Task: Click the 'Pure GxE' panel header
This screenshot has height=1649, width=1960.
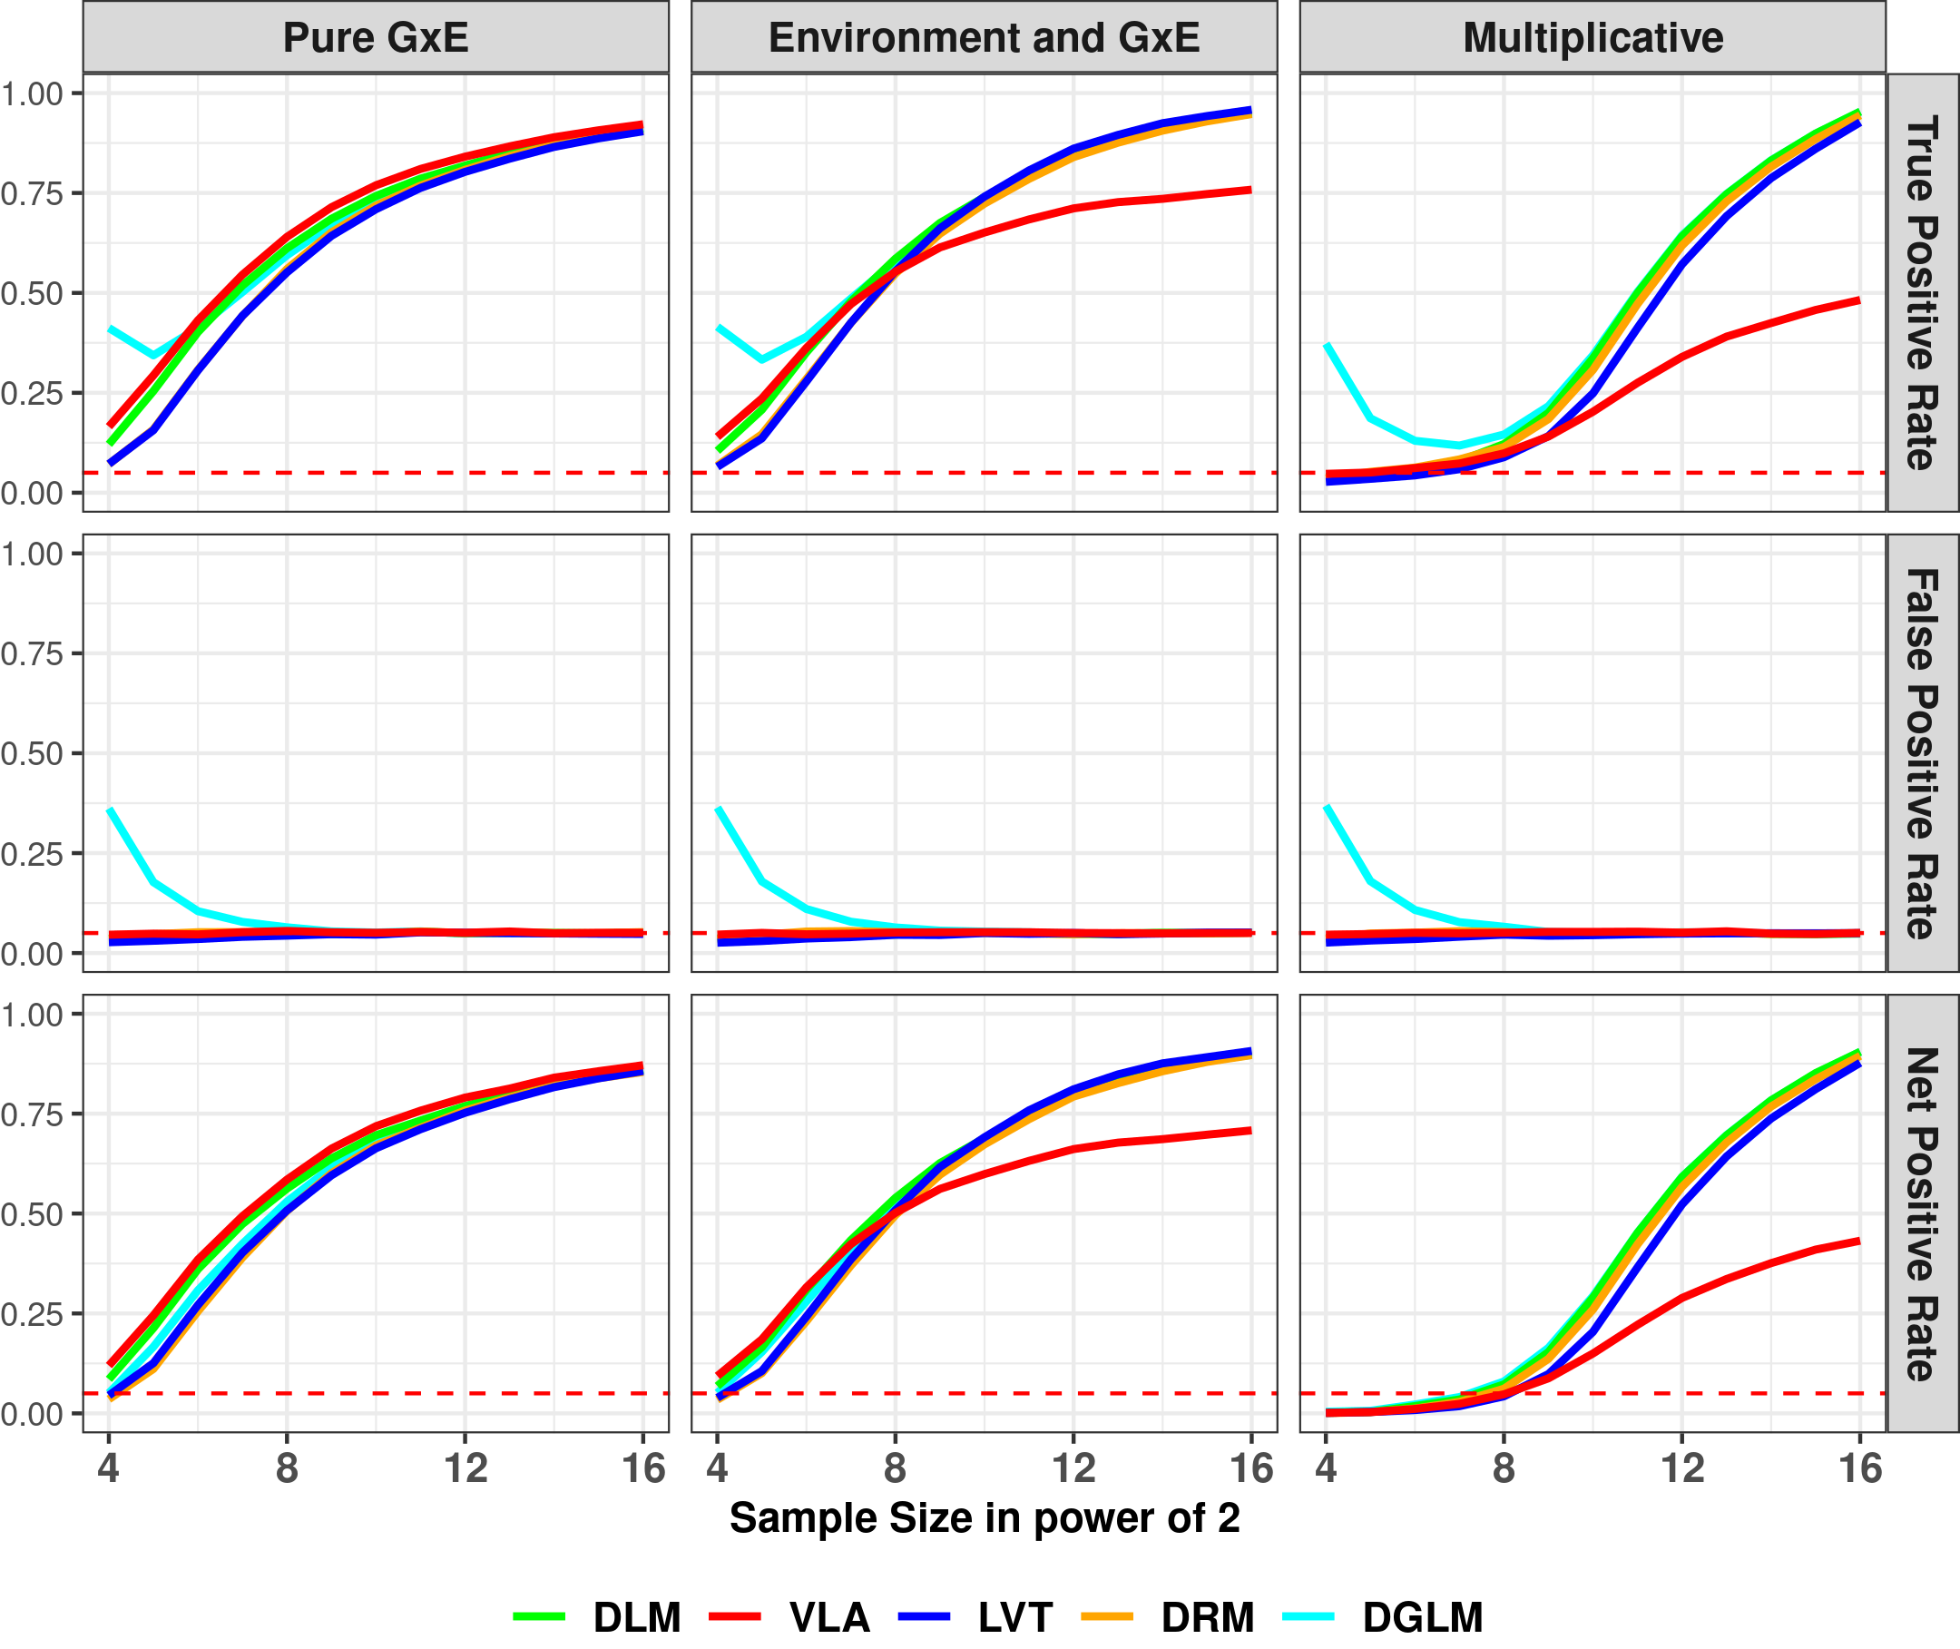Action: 375,38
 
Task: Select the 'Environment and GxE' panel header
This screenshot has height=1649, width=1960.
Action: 984,38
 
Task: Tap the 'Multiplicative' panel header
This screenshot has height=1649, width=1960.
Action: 1592,38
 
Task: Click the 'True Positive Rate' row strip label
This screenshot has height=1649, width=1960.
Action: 1922,292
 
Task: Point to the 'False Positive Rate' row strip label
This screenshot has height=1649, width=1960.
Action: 1922,753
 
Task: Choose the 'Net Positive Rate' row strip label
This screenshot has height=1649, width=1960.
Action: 1922,1213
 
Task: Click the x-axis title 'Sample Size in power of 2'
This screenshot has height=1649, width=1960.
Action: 984,1518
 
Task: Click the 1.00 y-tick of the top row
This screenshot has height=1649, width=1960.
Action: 32,93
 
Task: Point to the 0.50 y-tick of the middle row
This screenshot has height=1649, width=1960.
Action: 32,753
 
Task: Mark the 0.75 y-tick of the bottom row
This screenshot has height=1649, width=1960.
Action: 32,1114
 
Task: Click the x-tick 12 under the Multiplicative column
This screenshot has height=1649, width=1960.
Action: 1681,1468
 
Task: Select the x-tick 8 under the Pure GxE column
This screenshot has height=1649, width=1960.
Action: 287,1468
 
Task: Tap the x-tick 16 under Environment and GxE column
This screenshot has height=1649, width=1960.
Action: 1251,1468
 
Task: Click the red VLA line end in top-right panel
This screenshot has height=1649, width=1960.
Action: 1858,301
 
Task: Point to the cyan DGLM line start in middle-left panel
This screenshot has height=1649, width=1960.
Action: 111,810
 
